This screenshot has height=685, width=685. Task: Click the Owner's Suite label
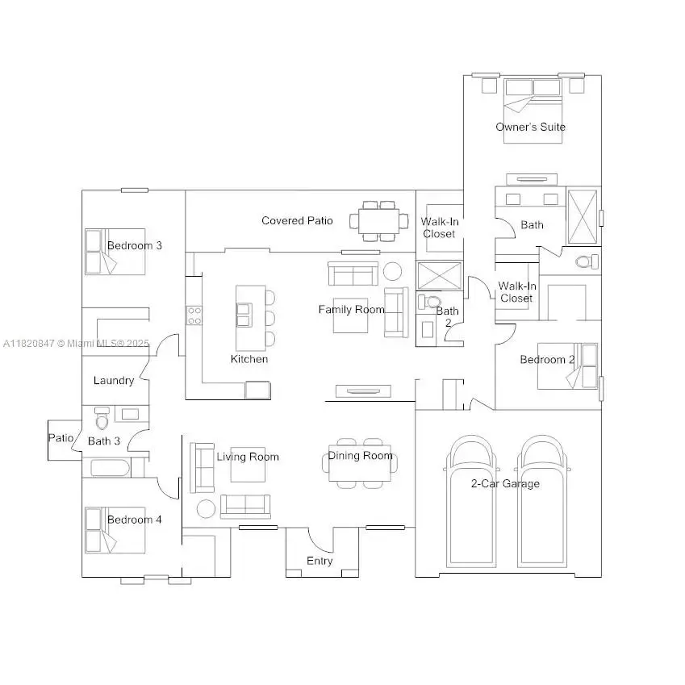tap(530, 127)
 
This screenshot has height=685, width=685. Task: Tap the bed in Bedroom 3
tap(102, 252)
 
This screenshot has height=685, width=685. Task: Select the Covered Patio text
tap(297, 220)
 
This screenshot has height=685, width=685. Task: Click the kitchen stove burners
tap(194, 315)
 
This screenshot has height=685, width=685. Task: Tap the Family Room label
tap(351, 309)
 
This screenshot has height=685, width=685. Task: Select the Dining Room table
tap(360, 464)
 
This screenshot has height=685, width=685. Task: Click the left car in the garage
tap(470, 500)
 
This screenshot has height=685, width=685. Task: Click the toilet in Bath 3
tap(102, 420)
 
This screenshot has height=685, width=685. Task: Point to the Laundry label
tap(114, 380)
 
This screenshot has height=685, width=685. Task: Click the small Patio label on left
tap(61, 438)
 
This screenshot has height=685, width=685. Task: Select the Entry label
tap(320, 561)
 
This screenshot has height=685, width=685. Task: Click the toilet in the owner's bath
tap(587, 261)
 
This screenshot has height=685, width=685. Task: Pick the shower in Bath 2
tap(440, 275)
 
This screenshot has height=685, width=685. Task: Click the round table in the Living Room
tap(207, 509)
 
